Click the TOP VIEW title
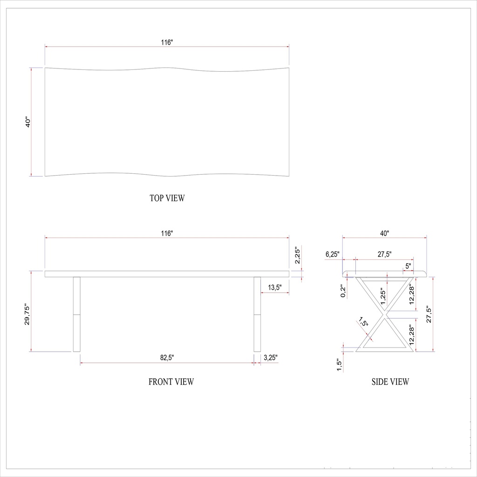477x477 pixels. (167, 198)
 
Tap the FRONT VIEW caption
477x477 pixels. (171, 382)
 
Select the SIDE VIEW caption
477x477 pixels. (390, 382)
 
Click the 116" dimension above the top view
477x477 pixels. (167, 42)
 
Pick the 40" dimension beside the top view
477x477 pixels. (27, 123)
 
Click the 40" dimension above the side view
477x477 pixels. (384, 233)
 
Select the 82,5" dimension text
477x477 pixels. (167, 358)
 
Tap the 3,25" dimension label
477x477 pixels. (271, 358)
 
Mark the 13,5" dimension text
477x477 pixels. (274, 287)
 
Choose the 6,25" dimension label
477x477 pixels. (333, 254)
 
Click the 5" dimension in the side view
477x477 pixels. (408, 266)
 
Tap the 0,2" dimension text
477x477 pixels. (343, 291)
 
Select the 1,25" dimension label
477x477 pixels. (383, 296)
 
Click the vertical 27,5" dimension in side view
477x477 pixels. (429, 314)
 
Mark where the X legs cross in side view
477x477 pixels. (385, 315)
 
